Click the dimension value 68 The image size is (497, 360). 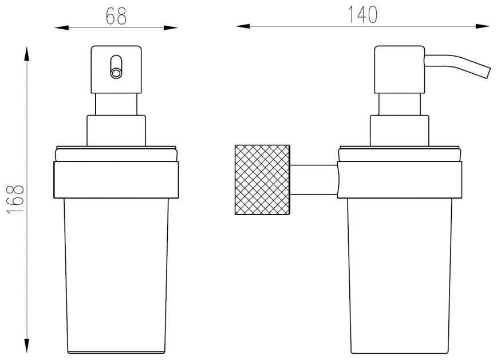tap(116, 16)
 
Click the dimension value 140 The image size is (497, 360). tap(362, 14)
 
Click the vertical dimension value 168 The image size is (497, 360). tap(15, 199)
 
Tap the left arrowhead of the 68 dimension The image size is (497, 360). tap(61, 28)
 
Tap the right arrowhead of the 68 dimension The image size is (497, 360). tap(171, 28)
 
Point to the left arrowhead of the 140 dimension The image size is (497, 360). tap(242, 26)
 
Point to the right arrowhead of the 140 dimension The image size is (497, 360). tap(483, 26)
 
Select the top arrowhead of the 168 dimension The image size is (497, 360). tap(27, 53)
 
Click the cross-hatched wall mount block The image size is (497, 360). tap(262, 180)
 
